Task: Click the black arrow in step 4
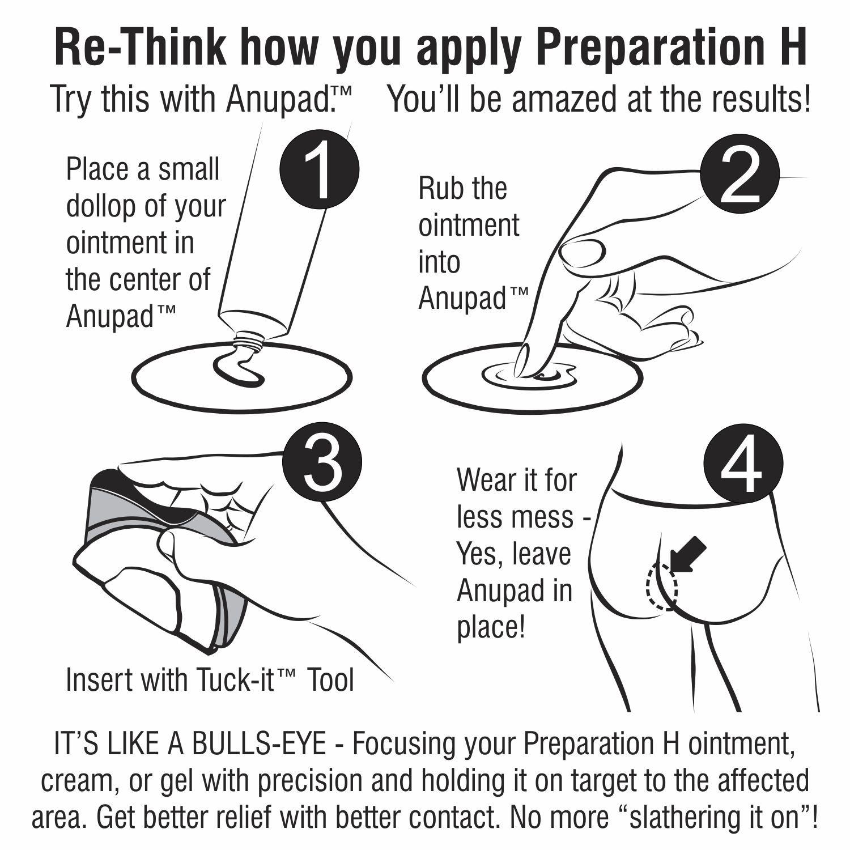pyautogui.click(x=687, y=555)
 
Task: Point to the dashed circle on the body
pyautogui.click(x=662, y=586)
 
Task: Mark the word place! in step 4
pyautogui.click(x=491, y=628)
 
